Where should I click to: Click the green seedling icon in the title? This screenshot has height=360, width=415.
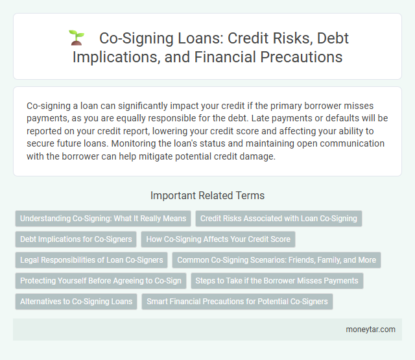76,38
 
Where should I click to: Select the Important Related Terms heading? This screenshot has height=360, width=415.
207,195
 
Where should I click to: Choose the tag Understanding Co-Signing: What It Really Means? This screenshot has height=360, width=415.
102,219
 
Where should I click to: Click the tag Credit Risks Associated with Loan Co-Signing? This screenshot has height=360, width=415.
278,219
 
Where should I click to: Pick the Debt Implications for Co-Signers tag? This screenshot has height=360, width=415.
75,239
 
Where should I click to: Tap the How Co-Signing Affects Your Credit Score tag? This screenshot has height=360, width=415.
218,239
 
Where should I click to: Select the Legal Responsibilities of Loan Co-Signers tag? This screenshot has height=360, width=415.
91,260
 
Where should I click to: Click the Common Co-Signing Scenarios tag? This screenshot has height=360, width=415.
276,260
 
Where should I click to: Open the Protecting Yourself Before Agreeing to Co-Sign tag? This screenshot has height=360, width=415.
101,281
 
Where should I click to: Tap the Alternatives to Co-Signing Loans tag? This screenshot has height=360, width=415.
76,302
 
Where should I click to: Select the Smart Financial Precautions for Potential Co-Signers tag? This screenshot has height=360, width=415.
237,302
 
